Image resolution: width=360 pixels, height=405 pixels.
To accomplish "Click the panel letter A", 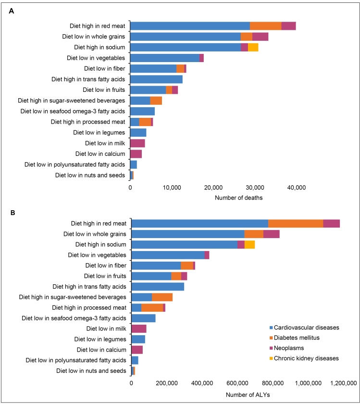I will (x=12, y=11).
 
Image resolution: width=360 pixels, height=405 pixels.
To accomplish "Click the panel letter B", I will (x=12, y=211).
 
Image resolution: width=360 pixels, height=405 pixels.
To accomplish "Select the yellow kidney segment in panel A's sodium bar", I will (x=253, y=47).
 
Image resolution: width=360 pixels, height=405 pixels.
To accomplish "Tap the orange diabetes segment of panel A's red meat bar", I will (x=265, y=26).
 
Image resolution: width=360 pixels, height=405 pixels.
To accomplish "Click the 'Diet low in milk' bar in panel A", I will (x=137, y=143).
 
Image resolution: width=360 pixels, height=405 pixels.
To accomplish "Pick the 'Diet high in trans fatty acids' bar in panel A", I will (x=156, y=79).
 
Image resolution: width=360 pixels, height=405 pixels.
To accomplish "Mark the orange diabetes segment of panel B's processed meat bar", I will (x=152, y=307).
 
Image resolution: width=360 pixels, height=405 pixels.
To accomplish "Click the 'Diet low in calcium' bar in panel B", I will (x=137, y=350).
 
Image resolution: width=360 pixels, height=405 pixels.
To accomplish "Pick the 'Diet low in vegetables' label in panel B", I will (x=97, y=255).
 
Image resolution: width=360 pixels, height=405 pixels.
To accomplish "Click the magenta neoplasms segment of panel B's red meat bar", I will (x=331, y=223).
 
